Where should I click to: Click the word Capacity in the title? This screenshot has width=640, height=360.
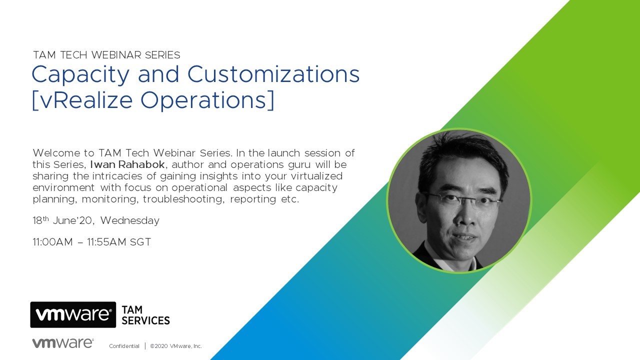click(80, 75)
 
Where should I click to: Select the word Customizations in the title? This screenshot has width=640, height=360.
click(273, 74)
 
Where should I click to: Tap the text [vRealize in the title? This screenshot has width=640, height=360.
click(82, 100)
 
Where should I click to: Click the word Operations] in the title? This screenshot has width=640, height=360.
click(207, 100)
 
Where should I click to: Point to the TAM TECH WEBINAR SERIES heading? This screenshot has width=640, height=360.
click(106, 55)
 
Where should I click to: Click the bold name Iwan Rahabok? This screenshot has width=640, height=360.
click(127, 164)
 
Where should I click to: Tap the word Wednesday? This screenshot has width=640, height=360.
click(129, 221)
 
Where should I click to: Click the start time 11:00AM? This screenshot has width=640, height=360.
click(53, 242)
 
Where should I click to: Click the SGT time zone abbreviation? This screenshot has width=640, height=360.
click(140, 242)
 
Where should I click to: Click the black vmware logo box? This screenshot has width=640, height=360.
click(73, 314)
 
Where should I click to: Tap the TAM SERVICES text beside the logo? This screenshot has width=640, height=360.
click(145, 315)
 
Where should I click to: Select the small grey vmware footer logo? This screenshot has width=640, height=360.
click(63, 343)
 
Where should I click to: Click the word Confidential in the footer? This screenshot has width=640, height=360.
click(124, 346)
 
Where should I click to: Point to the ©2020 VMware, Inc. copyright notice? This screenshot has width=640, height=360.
click(176, 346)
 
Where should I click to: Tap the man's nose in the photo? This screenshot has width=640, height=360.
click(465, 214)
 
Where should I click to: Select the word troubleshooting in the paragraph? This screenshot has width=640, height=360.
click(183, 199)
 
